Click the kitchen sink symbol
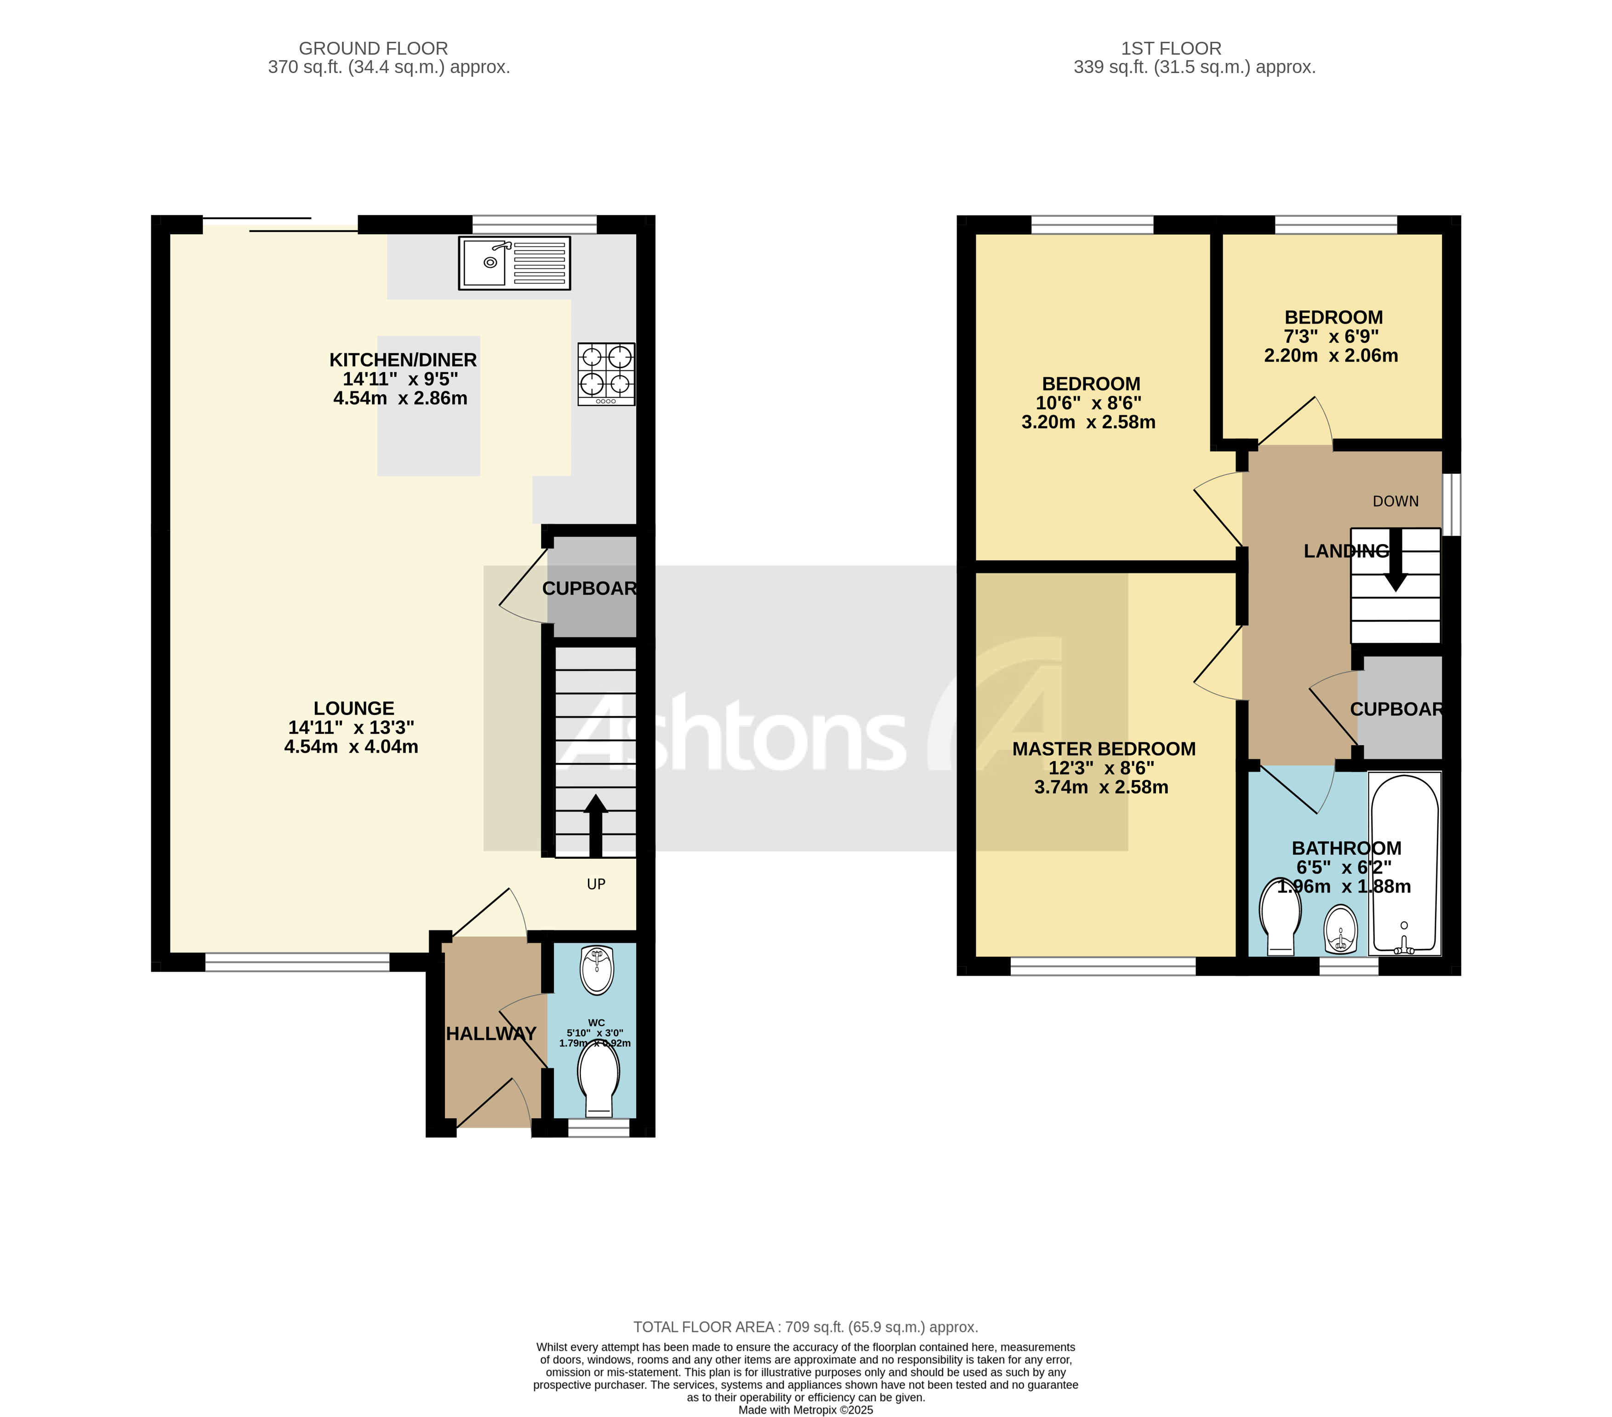(x=514, y=263)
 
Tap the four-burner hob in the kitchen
(x=606, y=374)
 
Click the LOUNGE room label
(x=353, y=708)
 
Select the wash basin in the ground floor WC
(x=597, y=970)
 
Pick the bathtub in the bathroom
(x=1405, y=863)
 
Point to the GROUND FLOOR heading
(x=373, y=49)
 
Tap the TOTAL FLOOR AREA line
(x=805, y=1327)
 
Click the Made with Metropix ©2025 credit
(x=805, y=1410)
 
